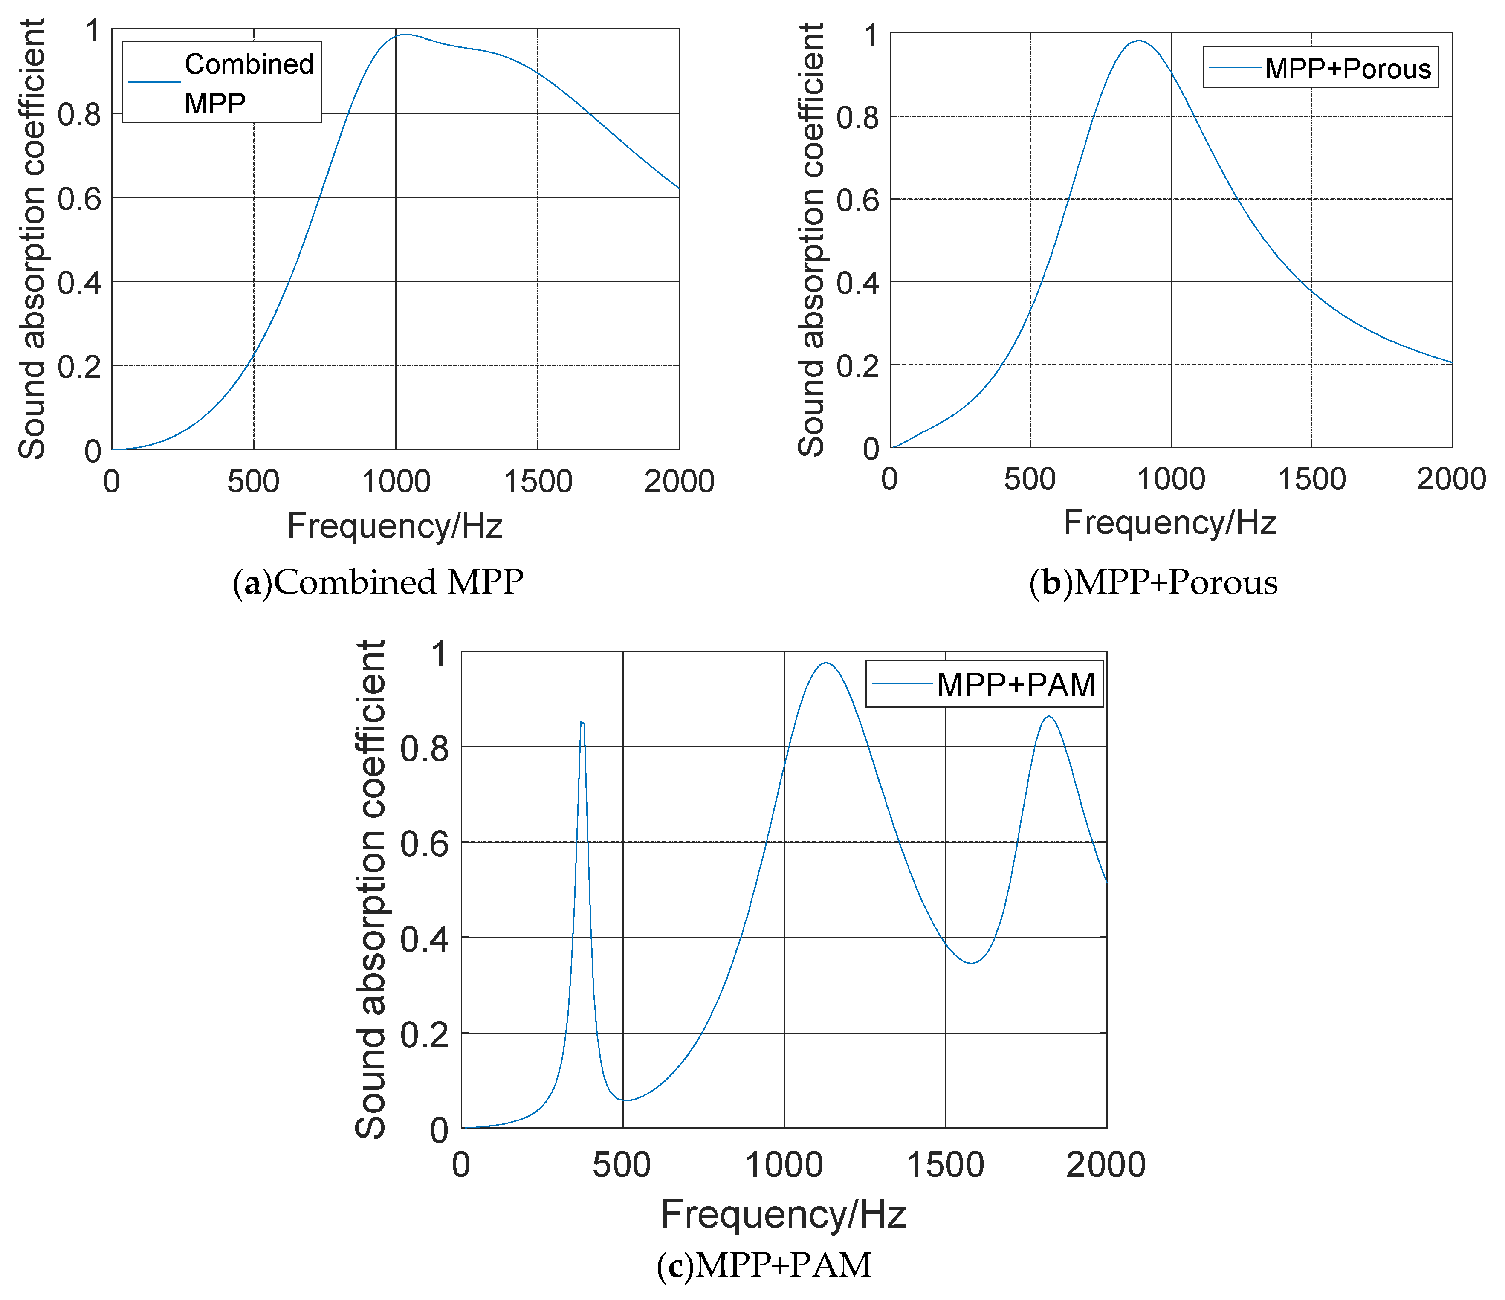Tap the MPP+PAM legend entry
tap(1016, 685)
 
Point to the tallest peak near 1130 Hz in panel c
tap(825, 663)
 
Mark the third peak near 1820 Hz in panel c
tap(1048, 717)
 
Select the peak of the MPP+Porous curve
tap(1138, 41)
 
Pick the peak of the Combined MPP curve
tap(405, 34)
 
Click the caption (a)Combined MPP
tap(378, 582)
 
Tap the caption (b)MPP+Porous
tap(1153, 582)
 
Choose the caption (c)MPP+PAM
tap(764, 1265)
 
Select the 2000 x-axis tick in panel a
tap(679, 481)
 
